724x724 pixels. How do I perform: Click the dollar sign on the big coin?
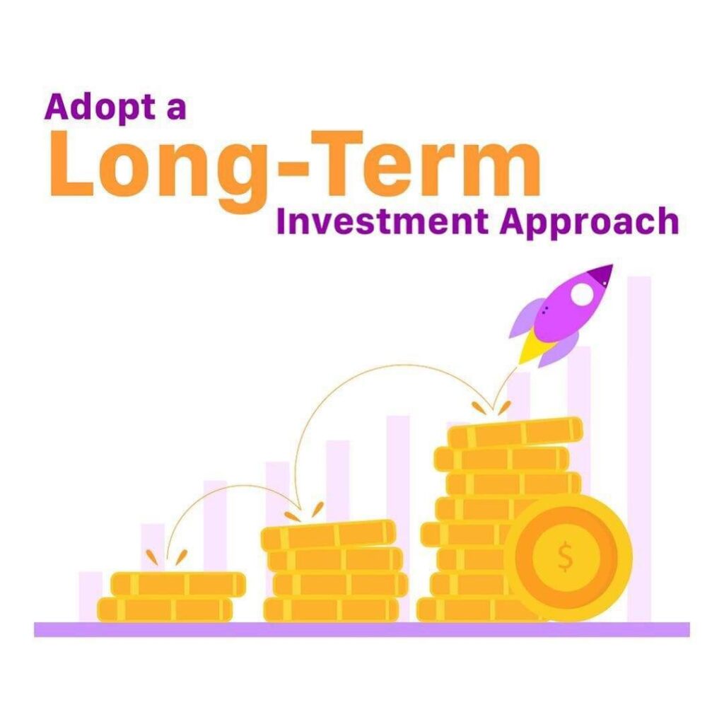[x=565, y=556]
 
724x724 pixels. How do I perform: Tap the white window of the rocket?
[x=582, y=293]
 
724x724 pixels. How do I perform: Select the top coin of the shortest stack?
[x=178, y=584]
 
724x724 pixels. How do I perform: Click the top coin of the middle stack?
[x=328, y=535]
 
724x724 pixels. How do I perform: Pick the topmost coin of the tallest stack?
[x=515, y=432]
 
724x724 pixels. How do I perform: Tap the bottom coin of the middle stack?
[x=331, y=609]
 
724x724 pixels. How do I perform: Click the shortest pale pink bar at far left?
[x=90, y=597]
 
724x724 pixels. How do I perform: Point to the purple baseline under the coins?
[x=362, y=629]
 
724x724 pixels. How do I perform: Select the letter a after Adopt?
[x=175, y=112]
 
